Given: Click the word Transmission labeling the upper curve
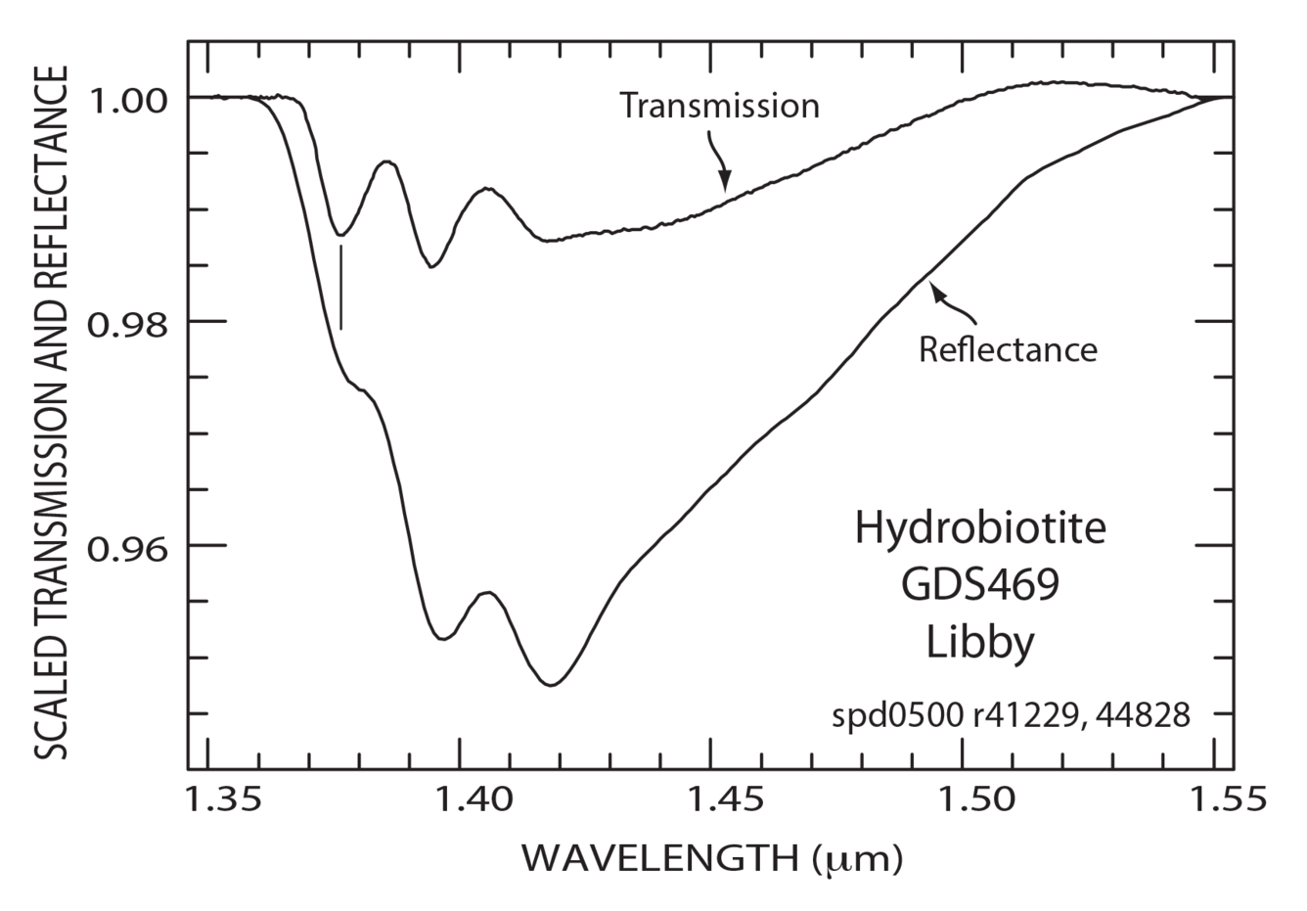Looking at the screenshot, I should click(x=720, y=106).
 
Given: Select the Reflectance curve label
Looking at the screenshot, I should click(x=1008, y=349).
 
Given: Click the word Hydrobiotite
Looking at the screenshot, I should click(x=980, y=530).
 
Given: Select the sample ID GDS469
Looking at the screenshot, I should click(x=980, y=587).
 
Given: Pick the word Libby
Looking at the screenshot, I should click(x=980, y=644).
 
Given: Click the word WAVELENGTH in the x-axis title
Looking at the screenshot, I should click(x=660, y=858).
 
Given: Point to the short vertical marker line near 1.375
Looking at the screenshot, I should click(x=340, y=287).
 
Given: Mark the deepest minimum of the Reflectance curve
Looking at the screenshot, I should click(x=552, y=685).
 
